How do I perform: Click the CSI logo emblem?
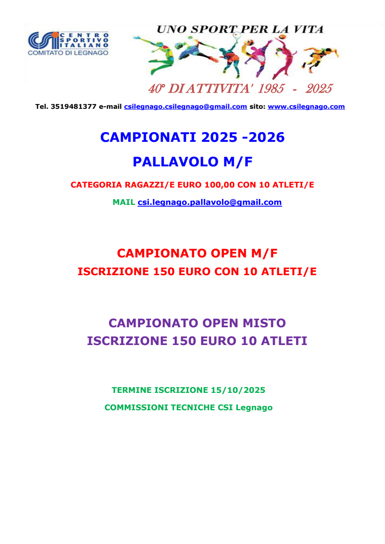tap(43, 40)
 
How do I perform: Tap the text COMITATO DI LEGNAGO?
tap(68, 53)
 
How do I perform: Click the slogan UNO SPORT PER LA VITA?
tap(240, 29)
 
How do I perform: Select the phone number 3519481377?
tap(73, 107)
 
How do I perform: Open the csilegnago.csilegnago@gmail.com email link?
tap(185, 107)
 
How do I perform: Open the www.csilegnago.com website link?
tap(306, 107)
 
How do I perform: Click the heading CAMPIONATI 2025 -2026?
tap(192, 137)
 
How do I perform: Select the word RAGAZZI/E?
tap(141, 185)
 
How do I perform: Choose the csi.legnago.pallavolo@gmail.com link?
tap(210, 202)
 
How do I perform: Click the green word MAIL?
tap(124, 202)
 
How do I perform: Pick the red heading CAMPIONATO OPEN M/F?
tap(197, 253)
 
